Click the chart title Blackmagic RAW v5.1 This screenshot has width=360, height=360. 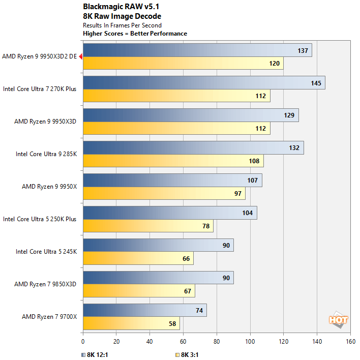click(117, 7)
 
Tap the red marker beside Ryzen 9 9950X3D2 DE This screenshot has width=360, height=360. click(80, 57)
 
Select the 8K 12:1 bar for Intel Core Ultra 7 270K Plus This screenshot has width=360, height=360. click(203, 83)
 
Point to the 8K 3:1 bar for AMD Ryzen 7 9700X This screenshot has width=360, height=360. click(131, 323)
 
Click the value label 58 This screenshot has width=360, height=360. click(173, 324)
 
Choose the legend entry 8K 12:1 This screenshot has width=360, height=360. click(94, 354)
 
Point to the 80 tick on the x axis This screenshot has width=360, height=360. click(217, 342)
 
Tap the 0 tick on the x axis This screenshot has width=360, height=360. click(83, 342)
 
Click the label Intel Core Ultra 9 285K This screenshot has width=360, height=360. click(46, 154)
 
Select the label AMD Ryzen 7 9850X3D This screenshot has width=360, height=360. click(45, 284)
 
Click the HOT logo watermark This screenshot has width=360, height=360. click(338, 320)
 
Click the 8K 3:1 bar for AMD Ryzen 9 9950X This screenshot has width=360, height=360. click(164, 193)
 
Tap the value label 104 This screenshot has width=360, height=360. click(248, 213)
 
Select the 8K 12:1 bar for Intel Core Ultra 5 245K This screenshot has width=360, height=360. click(158, 246)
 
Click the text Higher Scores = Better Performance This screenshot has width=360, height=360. click(135, 34)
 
